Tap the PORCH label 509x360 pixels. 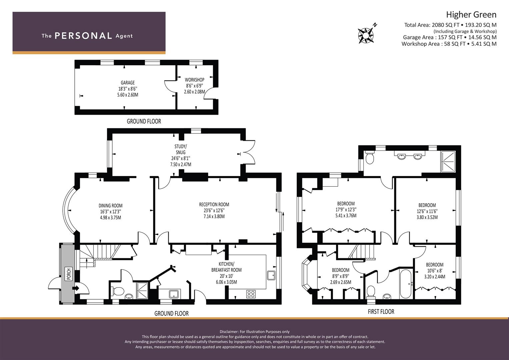tap(69, 274)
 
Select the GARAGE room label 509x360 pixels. tap(128, 83)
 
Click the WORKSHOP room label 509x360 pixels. tap(195, 80)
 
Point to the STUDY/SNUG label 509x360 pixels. tap(181, 149)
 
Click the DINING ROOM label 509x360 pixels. tap(110, 206)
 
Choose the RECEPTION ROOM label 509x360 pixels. tap(214, 205)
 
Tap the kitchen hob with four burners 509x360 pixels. tap(251, 294)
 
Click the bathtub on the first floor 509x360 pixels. tap(406, 284)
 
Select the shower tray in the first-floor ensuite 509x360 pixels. tap(448, 162)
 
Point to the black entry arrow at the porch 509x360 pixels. tap(76, 288)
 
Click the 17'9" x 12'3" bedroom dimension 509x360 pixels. tap(346, 210)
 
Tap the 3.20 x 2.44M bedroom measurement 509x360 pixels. tap(435, 277)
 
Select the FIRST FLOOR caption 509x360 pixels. tap(381, 312)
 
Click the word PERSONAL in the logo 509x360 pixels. tap(83, 36)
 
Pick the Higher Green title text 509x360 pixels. tap(471, 15)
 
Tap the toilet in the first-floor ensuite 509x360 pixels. tap(370, 158)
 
